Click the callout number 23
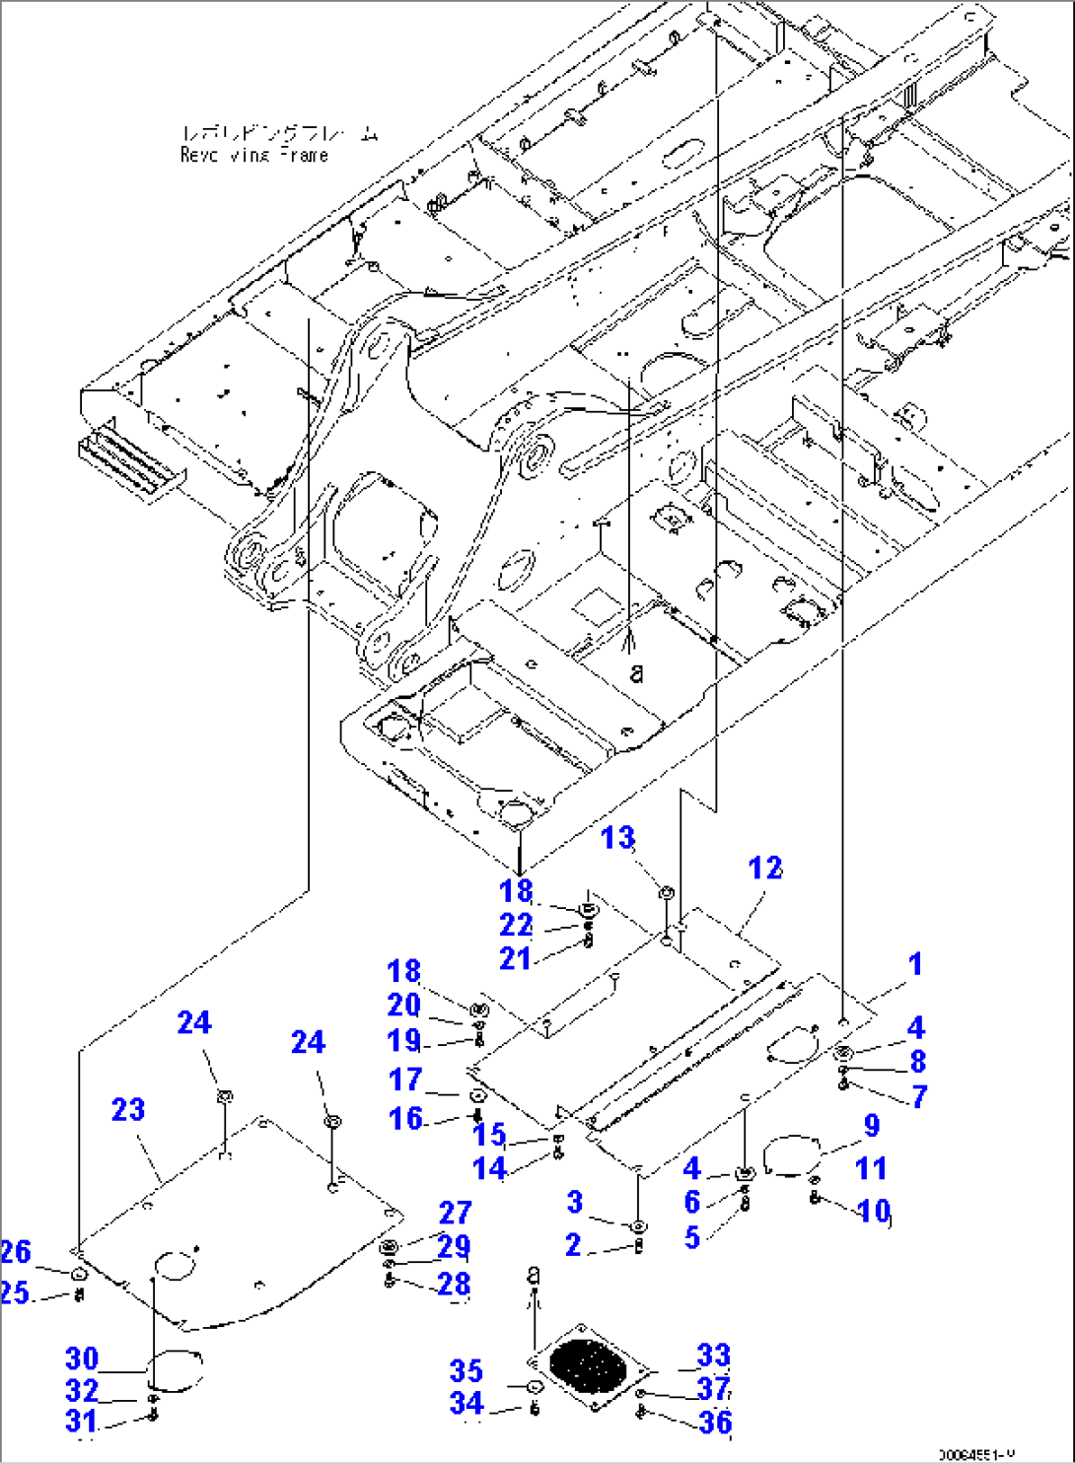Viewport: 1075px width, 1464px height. pos(128,1110)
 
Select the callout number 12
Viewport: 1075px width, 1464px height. pos(765,869)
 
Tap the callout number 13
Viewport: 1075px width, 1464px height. pos(618,838)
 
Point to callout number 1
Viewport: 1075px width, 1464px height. pos(915,964)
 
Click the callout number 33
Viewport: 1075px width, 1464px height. pos(713,1356)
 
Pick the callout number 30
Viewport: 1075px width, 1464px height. pos(82,1359)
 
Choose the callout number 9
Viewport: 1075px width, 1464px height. pos(872,1126)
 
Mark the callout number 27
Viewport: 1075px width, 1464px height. pos(456,1213)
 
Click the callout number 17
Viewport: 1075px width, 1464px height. pos(405,1081)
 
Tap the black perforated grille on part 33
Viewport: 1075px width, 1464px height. pos(588,1364)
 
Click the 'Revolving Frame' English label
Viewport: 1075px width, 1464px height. pos(254,155)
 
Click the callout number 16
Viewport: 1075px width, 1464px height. pos(405,1119)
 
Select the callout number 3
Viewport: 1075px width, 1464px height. pos(575,1202)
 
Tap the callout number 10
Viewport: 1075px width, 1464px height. pos(874,1211)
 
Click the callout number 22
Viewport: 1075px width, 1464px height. pos(516,926)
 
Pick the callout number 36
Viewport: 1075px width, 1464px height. pos(716,1423)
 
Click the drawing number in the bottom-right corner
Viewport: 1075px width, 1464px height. pos(975,1454)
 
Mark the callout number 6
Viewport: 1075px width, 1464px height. pos(692,1203)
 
